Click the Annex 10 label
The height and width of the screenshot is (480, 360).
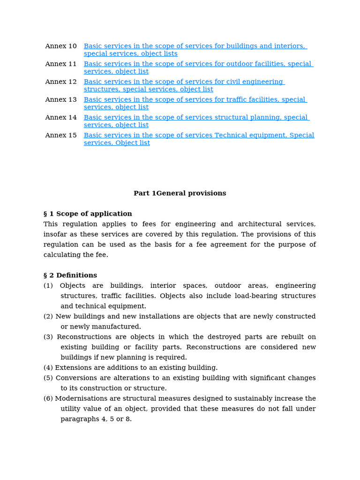point(60,46)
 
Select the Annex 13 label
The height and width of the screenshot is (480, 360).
point(60,99)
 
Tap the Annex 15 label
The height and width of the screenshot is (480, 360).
point(60,135)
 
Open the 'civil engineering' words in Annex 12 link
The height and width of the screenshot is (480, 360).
point(255,82)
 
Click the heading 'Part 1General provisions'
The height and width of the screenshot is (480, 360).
point(180,193)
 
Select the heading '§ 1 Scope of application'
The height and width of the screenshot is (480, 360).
point(88,214)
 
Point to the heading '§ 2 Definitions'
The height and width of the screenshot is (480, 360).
point(70,275)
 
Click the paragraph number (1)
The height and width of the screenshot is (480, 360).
point(49,285)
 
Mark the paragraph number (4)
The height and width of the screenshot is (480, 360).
point(49,367)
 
